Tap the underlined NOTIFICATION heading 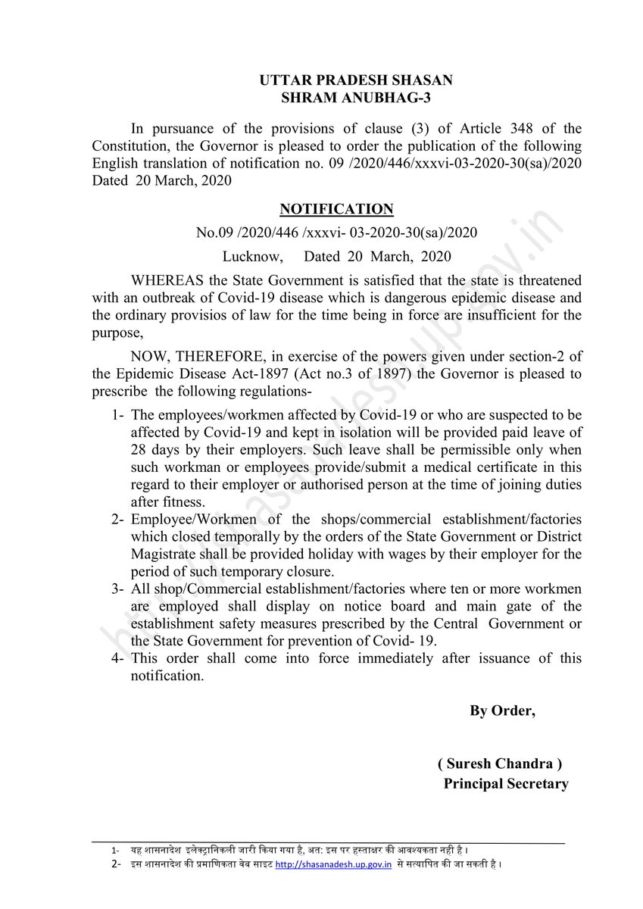(336, 208)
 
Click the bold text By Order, (502, 711)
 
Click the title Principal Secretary (505, 784)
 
